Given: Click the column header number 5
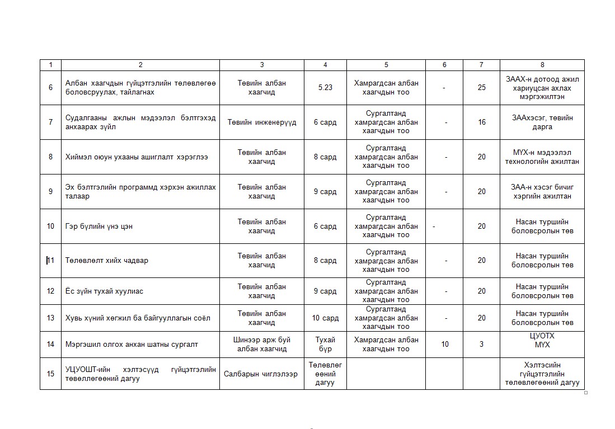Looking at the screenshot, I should (x=386, y=65).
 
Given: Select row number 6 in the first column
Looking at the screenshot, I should (x=50, y=88).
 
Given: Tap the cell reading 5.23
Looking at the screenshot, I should (x=325, y=88).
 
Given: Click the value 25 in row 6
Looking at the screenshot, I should (x=481, y=88).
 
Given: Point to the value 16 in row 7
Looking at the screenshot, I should (x=481, y=122).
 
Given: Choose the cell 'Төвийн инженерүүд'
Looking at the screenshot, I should (x=262, y=122).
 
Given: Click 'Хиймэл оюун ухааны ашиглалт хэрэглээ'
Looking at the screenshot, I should (x=137, y=157).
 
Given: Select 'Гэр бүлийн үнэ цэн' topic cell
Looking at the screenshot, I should (x=99, y=227).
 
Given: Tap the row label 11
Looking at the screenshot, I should (x=51, y=261).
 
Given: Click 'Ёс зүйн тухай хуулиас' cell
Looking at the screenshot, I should (x=105, y=291).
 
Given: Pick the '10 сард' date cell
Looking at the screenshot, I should (x=325, y=318).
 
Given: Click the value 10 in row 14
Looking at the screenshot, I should (x=445, y=345).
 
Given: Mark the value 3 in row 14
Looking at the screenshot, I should (x=481, y=345).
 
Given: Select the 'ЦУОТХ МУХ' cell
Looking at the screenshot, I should (x=542, y=340).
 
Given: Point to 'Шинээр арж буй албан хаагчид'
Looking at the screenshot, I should (x=261, y=345).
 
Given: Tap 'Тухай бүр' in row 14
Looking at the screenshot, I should (x=325, y=345).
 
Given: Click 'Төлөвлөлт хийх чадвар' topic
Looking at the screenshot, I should (x=107, y=261).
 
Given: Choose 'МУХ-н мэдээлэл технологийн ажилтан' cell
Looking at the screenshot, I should (x=542, y=157).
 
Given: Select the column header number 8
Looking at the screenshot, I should (x=542, y=65).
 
